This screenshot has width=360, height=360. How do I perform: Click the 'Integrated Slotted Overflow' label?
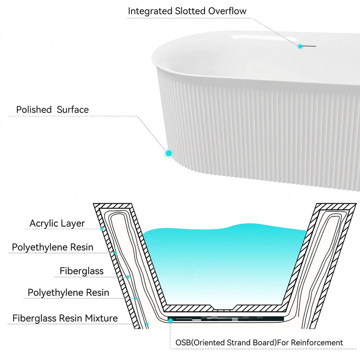(187, 11)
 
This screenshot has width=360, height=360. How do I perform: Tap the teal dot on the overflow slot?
(300, 47)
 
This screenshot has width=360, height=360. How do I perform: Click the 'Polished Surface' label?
(52, 109)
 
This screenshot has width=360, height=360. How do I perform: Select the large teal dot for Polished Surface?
(169, 153)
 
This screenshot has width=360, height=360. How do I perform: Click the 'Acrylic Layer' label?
(57, 223)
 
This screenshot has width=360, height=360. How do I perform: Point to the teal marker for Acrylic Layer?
(102, 229)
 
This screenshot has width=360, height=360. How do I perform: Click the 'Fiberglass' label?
(82, 271)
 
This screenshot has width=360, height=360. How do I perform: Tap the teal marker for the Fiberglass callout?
(128, 277)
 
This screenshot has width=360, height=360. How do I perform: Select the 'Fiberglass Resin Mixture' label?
(65, 318)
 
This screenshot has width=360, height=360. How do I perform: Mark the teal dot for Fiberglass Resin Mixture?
(147, 324)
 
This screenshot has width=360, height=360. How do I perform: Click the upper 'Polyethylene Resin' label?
(53, 247)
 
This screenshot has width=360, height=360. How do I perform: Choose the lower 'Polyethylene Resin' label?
(69, 292)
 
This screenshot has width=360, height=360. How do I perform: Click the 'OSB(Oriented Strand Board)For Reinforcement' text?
(259, 343)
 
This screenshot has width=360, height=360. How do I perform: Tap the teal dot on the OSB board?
(170, 320)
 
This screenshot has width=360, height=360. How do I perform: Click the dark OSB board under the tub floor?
(226, 319)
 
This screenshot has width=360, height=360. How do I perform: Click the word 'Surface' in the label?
(72, 109)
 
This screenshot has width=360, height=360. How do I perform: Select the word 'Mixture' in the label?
(101, 318)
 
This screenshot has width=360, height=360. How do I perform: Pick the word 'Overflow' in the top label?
(228, 11)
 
